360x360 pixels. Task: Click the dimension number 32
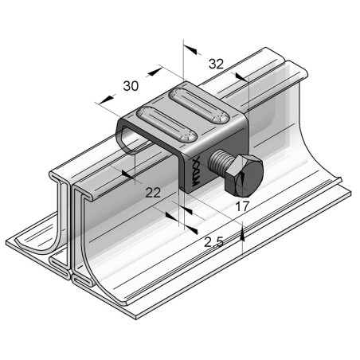216,64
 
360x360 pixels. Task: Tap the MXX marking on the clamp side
195,166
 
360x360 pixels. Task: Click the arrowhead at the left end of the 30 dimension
102,100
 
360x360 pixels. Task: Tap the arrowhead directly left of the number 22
127,170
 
